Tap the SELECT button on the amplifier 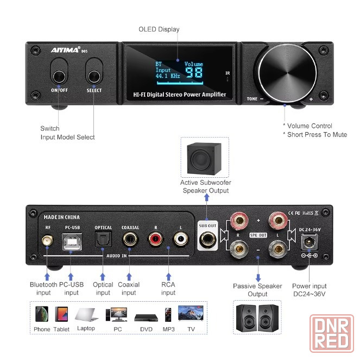tap(94, 77)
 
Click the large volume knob tap(287, 73)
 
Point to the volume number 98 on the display tap(194, 72)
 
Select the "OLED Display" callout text tap(159, 29)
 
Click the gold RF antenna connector tap(47, 241)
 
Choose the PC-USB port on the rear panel tap(72, 242)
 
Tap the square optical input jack tap(103, 239)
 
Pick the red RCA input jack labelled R tap(156, 239)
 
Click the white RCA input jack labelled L tap(181, 239)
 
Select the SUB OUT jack tap(207, 239)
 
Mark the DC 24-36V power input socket tap(310, 242)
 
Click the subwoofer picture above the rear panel tap(204, 159)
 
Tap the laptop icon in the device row tap(86, 314)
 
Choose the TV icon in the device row tap(191, 313)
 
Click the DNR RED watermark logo tap(332, 333)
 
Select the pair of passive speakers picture tap(257, 318)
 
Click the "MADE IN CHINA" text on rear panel tap(61, 217)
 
